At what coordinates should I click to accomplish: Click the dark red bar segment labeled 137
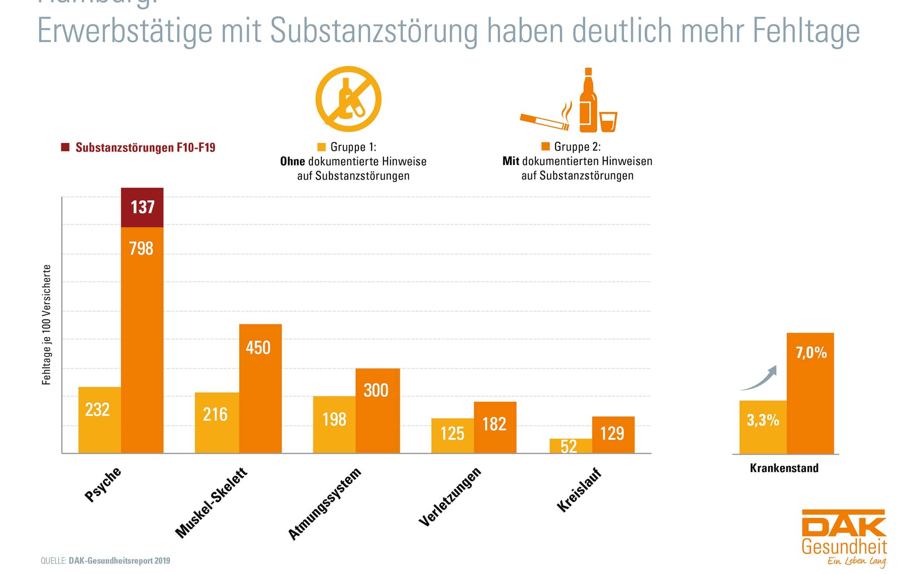142,208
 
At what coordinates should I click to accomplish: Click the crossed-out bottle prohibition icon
348,99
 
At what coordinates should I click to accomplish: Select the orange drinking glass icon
608,122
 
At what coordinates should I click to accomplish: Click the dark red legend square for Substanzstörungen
66,147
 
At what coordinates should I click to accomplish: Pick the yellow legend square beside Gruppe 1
321,147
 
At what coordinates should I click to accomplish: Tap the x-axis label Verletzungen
450,496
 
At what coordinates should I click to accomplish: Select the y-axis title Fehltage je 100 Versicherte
47,325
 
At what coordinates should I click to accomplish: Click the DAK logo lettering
844,525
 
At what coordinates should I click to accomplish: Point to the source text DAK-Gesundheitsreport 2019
119,561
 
